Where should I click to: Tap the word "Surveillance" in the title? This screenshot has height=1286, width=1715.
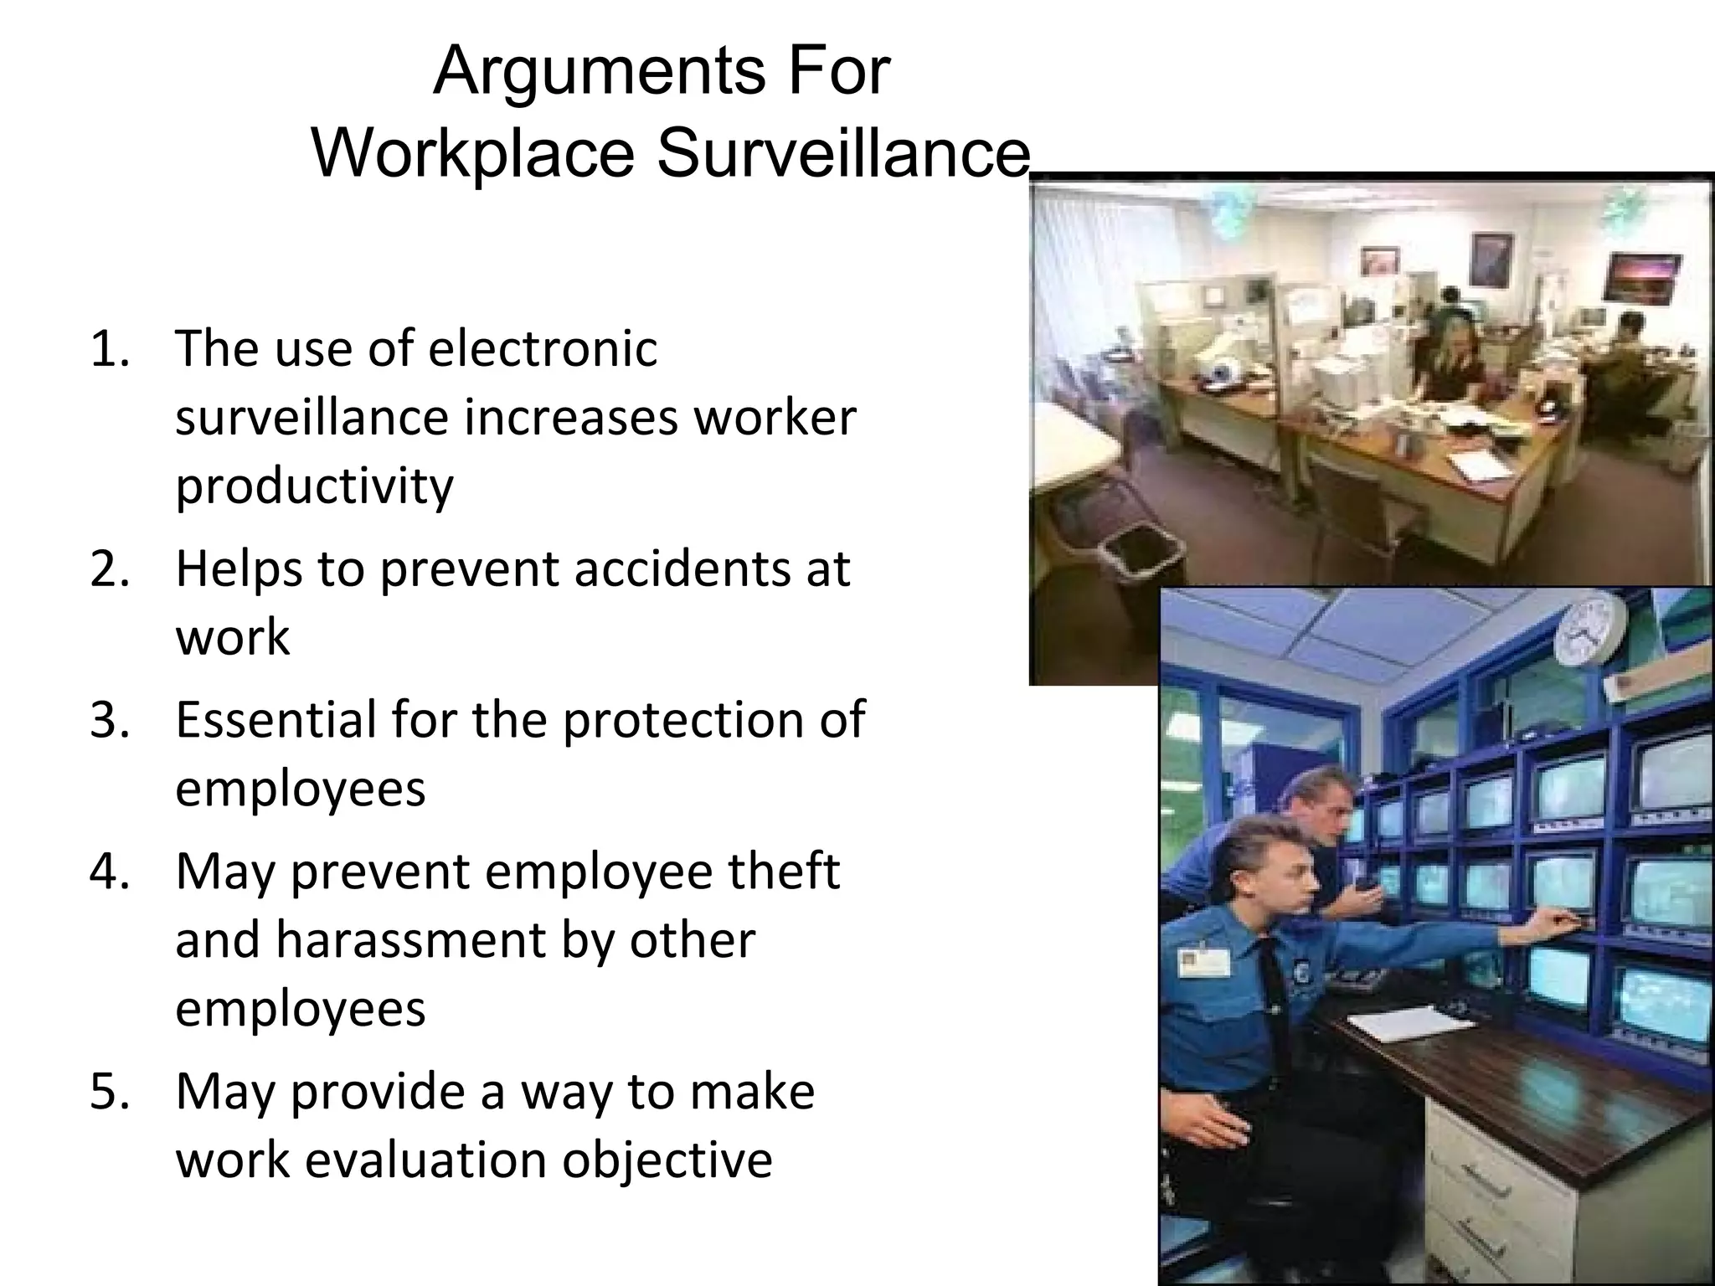tap(842, 154)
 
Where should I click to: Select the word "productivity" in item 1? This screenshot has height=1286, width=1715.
tap(314, 486)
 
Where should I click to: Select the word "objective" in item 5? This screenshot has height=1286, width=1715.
tap(667, 1160)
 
